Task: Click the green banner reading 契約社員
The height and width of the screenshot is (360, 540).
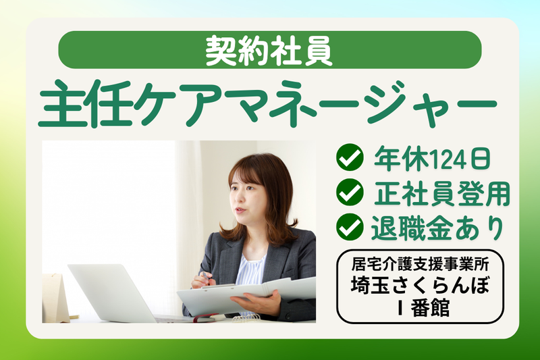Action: pos(269,50)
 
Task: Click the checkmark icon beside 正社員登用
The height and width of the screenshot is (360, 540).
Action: pos(350,193)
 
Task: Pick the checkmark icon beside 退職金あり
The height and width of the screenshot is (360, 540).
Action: pos(350,228)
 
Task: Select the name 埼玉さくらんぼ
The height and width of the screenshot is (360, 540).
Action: pos(420,285)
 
